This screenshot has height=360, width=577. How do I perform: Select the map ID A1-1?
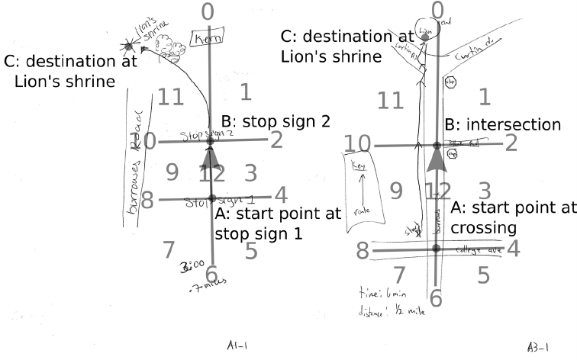pyautogui.click(x=235, y=346)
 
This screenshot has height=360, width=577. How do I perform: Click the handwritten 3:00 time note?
pyautogui.click(x=189, y=268)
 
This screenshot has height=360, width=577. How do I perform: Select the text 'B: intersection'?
pyautogui.click(x=508, y=124)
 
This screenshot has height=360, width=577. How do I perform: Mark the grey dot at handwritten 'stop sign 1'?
pyautogui.click(x=211, y=198)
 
